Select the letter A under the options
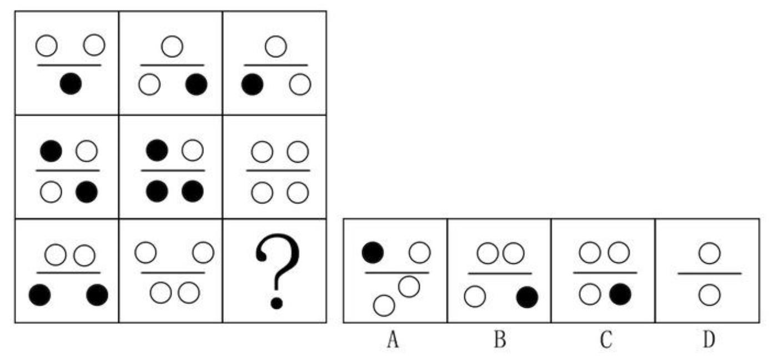(x=393, y=339)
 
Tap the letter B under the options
(x=500, y=339)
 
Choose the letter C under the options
(x=606, y=339)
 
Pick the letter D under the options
(x=709, y=339)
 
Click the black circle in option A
(x=373, y=252)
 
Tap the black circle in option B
(x=528, y=297)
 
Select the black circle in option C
(x=620, y=294)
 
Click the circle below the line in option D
(x=710, y=295)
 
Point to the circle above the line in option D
(x=710, y=253)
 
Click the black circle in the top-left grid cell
(x=71, y=83)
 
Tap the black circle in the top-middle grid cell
(x=197, y=84)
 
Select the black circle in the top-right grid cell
(x=253, y=84)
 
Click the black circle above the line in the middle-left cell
(x=51, y=151)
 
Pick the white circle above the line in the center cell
(x=192, y=150)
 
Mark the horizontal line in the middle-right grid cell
(x=278, y=171)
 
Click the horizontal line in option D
(x=710, y=274)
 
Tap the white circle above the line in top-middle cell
(x=172, y=46)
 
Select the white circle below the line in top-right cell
(x=300, y=84)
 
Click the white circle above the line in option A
(x=420, y=252)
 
